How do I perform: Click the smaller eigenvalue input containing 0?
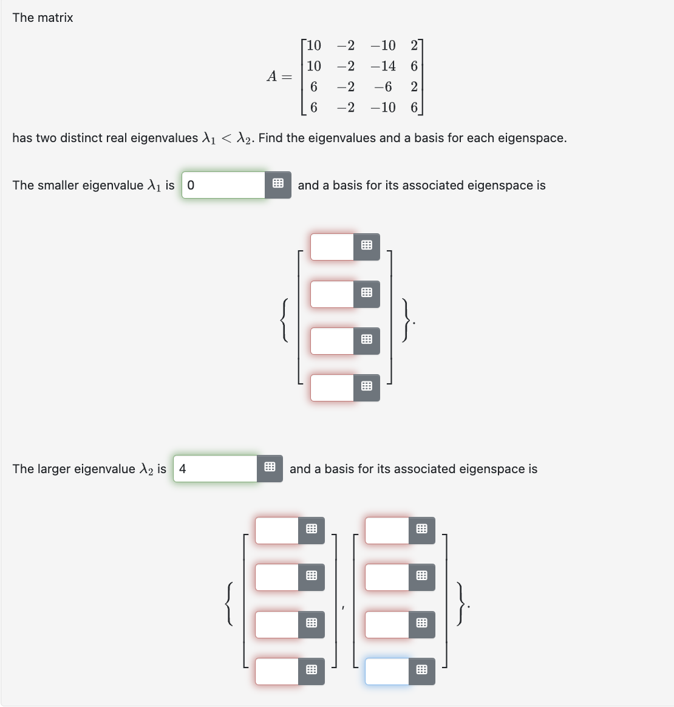click(x=223, y=185)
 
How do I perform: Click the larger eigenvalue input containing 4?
click(x=216, y=469)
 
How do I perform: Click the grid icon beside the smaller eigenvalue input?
click(x=278, y=185)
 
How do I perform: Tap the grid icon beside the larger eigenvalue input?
click(x=270, y=469)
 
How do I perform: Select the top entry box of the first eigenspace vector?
click(x=332, y=247)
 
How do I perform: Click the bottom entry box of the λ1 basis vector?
click(x=332, y=388)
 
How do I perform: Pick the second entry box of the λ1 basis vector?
click(x=332, y=294)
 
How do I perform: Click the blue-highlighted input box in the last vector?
click(x=387, y=671)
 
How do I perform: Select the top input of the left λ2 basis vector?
click(x=277, y=530)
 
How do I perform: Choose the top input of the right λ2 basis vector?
click(x=387, y=530)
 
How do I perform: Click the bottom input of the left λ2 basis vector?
click(x=277, y=671)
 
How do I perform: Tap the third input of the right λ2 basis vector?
click(x=387, y=624)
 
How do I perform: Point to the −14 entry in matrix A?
click(x=383, y=66)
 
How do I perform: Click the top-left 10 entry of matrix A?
click(x=314, y=46)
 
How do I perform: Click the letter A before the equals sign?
click(x=273, y=76)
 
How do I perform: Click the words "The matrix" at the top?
click(x=43, y=18)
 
